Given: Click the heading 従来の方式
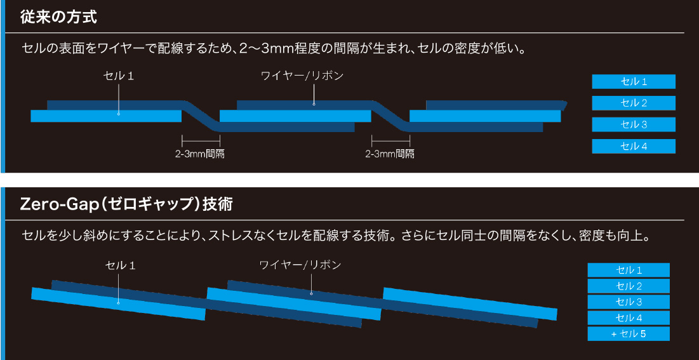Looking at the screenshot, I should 59,17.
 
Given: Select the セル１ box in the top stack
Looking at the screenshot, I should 633,81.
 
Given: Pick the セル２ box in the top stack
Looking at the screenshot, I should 633,103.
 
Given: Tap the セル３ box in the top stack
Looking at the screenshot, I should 633,124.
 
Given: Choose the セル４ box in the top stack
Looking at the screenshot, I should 633,146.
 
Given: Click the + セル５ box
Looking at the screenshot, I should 628,333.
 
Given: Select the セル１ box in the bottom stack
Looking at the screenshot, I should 628,270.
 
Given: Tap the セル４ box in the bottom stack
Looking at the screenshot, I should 628,317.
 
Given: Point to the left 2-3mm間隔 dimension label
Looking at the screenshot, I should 201,154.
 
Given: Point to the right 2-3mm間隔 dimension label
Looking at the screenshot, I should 390,154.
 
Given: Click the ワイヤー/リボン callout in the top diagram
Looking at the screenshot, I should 302,76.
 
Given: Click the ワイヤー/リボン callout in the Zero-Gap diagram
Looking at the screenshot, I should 300,264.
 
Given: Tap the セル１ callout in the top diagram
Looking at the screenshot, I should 119,76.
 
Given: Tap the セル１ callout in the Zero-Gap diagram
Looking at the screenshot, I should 121,264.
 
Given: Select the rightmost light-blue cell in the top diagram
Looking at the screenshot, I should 485,116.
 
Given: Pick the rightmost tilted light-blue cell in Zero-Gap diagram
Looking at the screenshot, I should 470,304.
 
